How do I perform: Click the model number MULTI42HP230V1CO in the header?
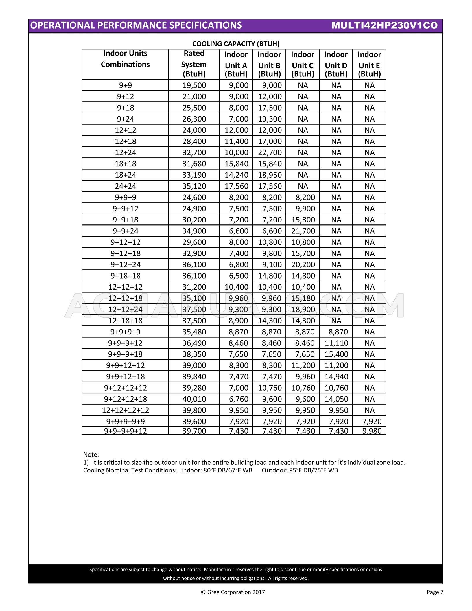coord(384,25)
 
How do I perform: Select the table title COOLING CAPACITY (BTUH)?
coord(236,44)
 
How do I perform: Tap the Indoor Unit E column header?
coord(369,64)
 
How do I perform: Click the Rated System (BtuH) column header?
coord(194,64)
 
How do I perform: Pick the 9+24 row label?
coord(125,119)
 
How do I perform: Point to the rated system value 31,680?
coord(194,164)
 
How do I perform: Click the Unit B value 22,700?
coord(270,152)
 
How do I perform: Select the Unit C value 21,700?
coord(303,231)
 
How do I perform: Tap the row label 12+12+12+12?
coord(125,410)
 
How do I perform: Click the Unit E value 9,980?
coord(372,431)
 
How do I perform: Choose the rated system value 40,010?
coord(194,399)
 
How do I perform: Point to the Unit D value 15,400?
coord(336,354)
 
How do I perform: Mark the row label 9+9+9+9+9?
coord(125,421)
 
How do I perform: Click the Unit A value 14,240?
coord(236,175)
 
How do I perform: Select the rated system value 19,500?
coord(194,85)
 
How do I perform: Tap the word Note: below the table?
coord(91,454)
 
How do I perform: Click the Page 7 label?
coord(435,592)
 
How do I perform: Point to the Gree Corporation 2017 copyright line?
coord(233,592)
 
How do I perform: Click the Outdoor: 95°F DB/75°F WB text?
coord(300,470)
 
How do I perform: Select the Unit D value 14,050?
coord(336,399)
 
